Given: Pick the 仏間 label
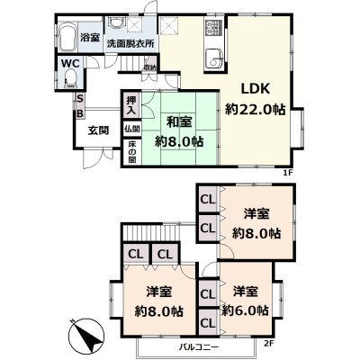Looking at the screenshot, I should [x=131, y=130].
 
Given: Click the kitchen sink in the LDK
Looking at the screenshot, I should [x=215, y=61].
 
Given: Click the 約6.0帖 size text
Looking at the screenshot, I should [x=248, y=310].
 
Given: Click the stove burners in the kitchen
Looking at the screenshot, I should [x=213, y=29].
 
